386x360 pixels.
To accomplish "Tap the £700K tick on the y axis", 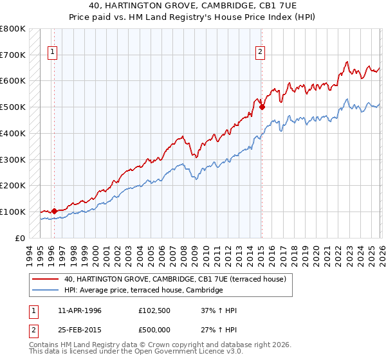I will click(x=13, y=55).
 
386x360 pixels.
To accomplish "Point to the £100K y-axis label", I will click(x=13, y=212).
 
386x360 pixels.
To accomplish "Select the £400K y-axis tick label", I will click(x=13, y=133).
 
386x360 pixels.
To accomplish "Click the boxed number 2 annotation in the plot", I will click(x=261, y=53).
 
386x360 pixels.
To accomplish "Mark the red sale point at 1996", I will click(x=54, y=211).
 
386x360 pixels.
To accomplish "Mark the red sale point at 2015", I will click(x=262, y=107).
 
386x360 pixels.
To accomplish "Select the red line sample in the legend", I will click(x=46, y=279).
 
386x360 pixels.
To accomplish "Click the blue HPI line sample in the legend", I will click(x=46, y=291).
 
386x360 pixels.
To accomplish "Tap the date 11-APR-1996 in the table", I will click(x=80, y=310).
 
